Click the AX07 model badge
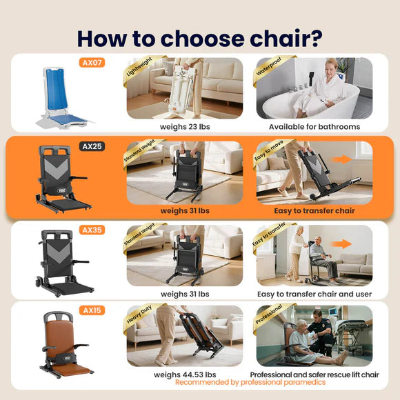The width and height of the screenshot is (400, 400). (93, 63)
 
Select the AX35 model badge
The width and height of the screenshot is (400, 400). (93, 230)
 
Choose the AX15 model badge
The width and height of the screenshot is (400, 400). (93, 311)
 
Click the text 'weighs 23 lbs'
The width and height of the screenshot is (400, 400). (184, 127)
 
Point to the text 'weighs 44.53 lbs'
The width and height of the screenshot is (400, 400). (184, 374)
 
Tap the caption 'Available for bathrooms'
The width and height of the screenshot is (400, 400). (314, 127)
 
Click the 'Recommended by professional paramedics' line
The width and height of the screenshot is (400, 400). (251, 382)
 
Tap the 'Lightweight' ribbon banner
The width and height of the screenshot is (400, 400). (142, 72)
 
